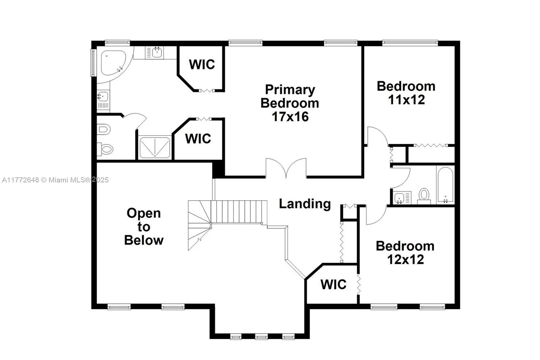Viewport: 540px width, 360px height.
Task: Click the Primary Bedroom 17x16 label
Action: coord(290,103)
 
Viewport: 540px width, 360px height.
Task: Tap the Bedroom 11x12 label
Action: coord(406,93)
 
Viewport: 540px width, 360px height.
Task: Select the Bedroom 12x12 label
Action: coord(405,253)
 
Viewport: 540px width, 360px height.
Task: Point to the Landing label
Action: coord(305,204)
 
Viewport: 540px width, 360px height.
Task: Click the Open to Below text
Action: coord(144,227)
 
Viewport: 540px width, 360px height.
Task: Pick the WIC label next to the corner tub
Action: coord(202,64)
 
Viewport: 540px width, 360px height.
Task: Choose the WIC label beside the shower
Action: coord(198,138)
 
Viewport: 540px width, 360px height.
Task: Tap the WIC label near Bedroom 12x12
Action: coord(333,284)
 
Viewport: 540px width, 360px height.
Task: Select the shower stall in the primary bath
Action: coord(155,147)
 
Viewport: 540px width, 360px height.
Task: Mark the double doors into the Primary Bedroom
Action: coord(286,169)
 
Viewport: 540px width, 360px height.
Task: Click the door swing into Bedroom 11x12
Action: coord(377,136)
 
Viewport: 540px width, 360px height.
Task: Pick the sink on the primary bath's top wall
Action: coord(156,53)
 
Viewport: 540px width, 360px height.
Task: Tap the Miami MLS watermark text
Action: coord(55,180)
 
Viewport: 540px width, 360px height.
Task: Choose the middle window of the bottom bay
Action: coord(261,336)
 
